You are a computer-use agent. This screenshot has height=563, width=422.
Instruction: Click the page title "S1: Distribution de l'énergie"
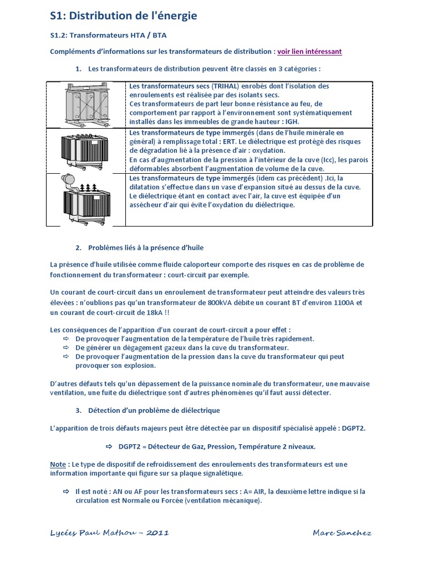[123, 17]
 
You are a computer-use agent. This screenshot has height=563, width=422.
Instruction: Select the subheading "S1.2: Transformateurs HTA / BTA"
[108, 35]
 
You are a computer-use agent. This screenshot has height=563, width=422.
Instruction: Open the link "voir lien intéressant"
[309, 52]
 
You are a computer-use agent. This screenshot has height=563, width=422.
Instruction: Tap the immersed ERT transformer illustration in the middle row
[85, 150]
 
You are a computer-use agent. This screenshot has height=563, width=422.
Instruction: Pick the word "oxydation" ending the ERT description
[268, 150]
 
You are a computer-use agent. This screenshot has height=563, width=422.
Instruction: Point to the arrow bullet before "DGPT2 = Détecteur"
[108, 446]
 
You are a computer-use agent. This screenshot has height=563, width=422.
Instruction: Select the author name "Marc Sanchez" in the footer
[342, 532]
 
